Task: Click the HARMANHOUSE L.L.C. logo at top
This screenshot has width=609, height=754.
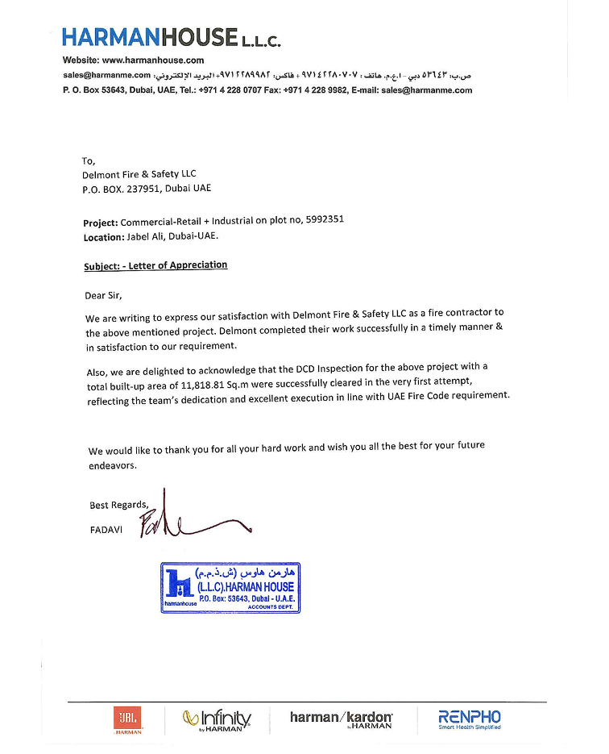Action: coord(171,37)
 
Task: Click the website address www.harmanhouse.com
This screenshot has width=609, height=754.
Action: coord(153,60)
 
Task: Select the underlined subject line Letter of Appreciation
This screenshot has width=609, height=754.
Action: coord(155,265)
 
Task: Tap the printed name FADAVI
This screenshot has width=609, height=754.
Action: coord(106,530)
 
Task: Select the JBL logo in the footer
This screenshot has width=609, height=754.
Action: coord(127,719)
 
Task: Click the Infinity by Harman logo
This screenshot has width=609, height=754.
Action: coord(217,719)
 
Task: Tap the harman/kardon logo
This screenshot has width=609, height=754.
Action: coord(342,719)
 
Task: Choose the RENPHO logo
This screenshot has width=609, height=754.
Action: coord(469,719)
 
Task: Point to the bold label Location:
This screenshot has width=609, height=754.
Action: coord(104,238)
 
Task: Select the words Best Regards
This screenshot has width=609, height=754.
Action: coord(118,506)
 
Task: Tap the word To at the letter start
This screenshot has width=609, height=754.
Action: coord(89,160)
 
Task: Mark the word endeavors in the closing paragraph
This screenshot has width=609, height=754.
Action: coord(114,466)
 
